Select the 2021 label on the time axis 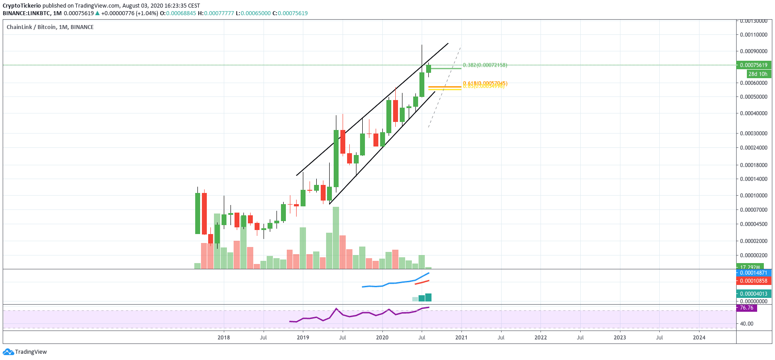461,338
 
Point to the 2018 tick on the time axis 224,338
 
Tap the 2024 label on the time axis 699,338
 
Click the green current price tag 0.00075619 754,65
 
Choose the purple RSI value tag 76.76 746,308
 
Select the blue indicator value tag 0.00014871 754,273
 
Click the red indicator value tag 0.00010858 754,281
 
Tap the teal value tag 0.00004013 754,294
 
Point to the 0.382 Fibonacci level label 485,65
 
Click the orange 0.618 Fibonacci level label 485,83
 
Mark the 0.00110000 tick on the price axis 754,35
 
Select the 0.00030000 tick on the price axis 754,134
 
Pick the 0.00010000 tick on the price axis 754,196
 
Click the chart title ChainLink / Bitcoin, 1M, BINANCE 50,27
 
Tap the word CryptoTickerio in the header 21,6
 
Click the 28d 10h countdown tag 758,74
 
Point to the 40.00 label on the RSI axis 746,324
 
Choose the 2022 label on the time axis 540,338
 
